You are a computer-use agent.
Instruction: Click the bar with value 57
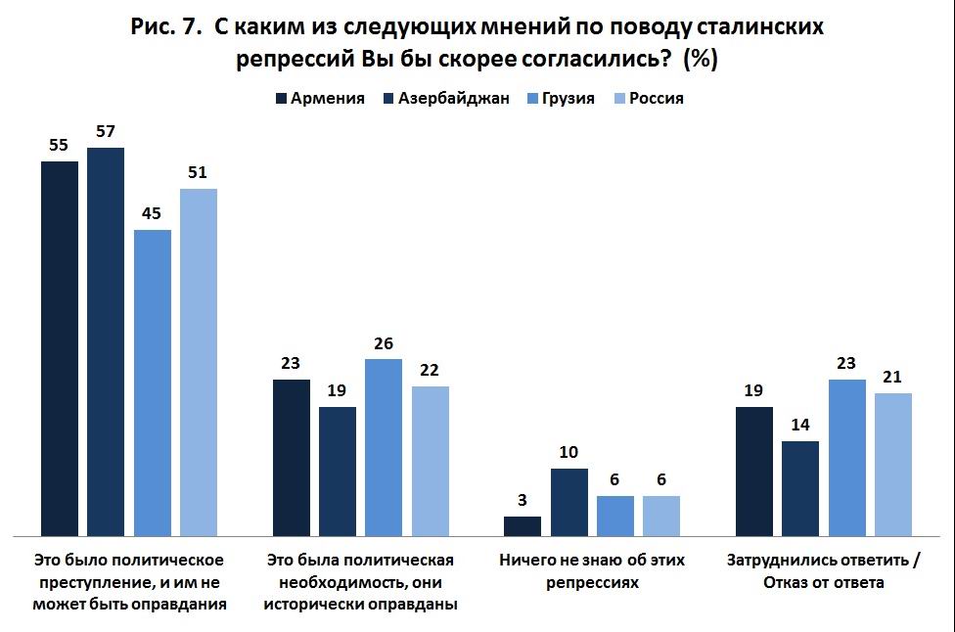106,341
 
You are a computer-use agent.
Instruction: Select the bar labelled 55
59,348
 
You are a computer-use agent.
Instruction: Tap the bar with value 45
153,383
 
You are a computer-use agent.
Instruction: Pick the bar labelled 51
199,362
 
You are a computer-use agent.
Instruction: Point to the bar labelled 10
568,502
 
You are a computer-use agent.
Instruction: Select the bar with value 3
523,525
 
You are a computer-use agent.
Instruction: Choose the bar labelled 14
799,488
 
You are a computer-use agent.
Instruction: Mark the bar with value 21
893,464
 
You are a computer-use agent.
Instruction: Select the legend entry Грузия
568,99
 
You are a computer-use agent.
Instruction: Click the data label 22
431,371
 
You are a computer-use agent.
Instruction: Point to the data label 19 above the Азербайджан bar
338,391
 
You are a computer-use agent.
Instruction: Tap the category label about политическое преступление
130,582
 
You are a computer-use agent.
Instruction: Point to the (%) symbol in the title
702,59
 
